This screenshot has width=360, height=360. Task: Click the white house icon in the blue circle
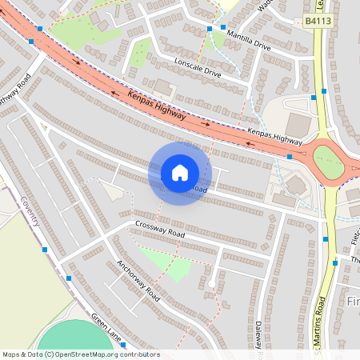click(x=180, y=173)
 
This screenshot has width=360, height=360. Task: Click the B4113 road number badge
click(x=318, y=22)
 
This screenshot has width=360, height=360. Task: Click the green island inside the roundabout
click(x=328, y=162)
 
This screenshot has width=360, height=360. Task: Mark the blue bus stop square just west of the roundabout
click(x=289, y=158)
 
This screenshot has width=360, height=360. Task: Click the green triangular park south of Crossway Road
click(x=168, y=263)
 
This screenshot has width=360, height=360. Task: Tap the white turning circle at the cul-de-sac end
click(x=210, y=284)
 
